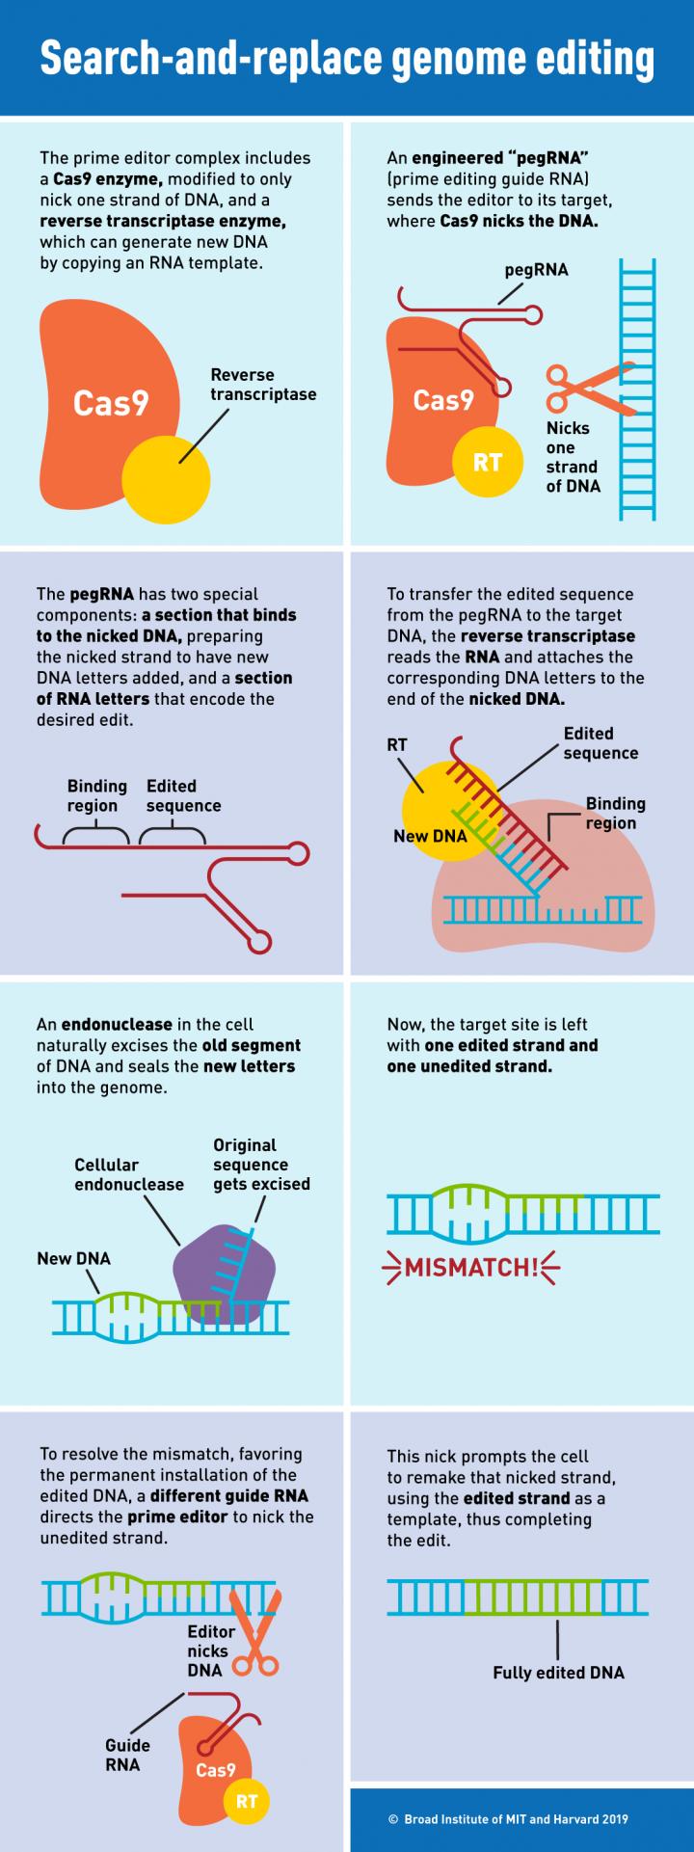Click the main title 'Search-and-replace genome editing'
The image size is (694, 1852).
point(347,58)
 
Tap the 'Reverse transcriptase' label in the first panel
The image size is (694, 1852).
point(263,385)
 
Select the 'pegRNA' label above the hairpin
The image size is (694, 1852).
point(536,270)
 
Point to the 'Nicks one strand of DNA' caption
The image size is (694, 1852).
point(573,457)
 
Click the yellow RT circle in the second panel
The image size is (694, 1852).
point(487,463)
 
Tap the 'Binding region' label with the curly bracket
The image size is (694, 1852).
point(96,796)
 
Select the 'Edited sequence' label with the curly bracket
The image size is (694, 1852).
point(183,796)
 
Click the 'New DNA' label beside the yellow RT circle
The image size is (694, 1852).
point(430,836)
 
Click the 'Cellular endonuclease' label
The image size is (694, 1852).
point(129,1174)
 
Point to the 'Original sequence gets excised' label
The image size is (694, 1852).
point(261,1165)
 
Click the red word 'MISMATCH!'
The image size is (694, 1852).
point(471,1267)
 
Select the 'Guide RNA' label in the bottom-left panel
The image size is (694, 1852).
point(127,1755)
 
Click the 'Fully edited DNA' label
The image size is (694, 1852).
point(558,1673)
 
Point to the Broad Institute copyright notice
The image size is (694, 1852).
point(508,1819)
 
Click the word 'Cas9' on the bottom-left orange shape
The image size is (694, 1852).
point(215,1770)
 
